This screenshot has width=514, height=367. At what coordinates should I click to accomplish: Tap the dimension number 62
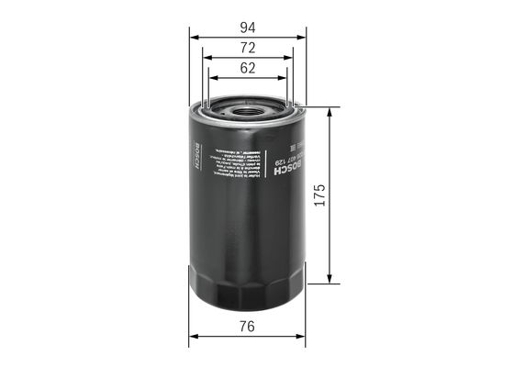point(248,68)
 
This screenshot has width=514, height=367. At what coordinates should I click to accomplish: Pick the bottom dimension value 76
point(248,327)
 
